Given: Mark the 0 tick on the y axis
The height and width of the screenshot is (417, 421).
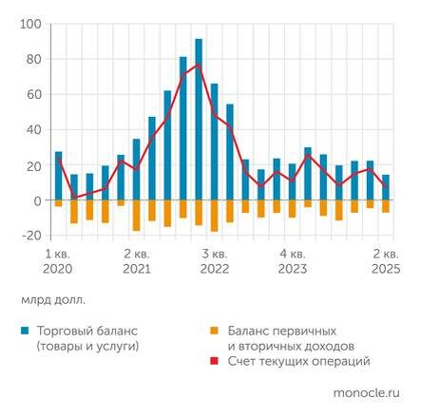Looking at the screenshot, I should pyautogui.click(x=36, y=200).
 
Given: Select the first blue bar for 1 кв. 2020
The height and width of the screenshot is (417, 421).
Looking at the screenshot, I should pyautogui.click(x=58, y=176).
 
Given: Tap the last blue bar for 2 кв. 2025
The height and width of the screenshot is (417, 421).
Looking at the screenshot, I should pyautogui.click(x=385, y=187).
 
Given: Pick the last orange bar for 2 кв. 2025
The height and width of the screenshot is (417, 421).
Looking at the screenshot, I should pyautogui.click(x=385, y=207).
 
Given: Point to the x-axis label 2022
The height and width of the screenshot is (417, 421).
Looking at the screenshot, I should pyautogui.click(x=212, y=271).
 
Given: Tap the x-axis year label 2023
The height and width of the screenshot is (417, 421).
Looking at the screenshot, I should pyautogui.click(x=291, y=271).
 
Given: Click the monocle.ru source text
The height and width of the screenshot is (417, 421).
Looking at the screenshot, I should pyautogui.click(x=368, y=391).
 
